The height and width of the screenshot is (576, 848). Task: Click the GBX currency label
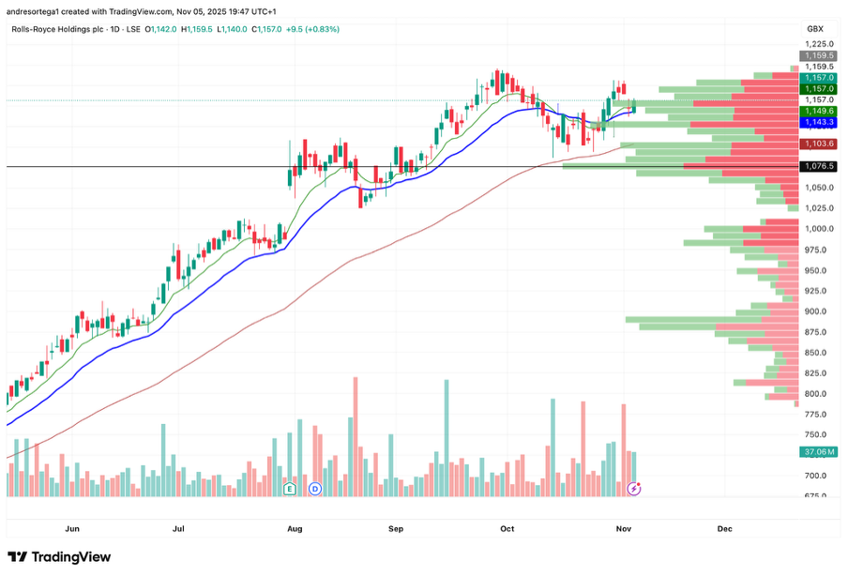point(815,29)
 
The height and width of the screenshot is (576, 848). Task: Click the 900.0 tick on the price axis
point(815,311)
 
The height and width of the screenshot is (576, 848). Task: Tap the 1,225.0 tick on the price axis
point(816,44)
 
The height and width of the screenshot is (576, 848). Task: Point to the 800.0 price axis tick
point(815,394)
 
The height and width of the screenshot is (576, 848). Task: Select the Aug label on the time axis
point(295,529)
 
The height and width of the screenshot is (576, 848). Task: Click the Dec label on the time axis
point(724,529)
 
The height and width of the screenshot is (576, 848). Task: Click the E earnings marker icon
point(289,489)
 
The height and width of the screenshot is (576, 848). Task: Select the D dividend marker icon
point(315,489)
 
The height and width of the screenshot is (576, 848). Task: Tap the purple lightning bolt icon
point(634,489)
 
